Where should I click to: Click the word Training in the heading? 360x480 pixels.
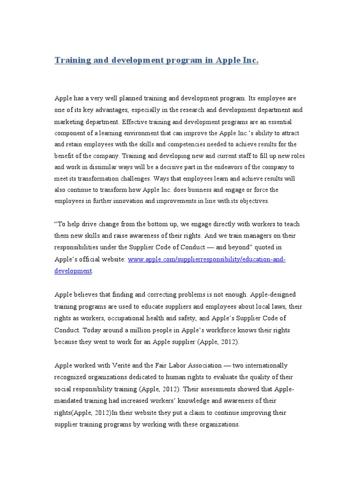click(x=71, y=60)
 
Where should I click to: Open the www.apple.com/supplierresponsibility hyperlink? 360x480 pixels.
click(x=206, y=259)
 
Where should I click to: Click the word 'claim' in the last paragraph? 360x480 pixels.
click(x=171, y=412)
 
